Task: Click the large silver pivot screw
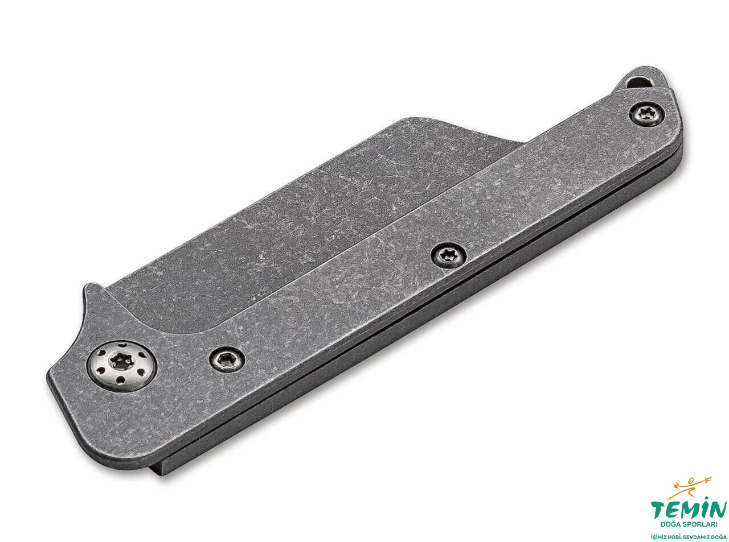[x=122, y=366]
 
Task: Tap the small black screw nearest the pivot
[x=227, y=359]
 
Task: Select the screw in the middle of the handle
[x=449, y=256]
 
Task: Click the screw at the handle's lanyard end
[x=646, y=114]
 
